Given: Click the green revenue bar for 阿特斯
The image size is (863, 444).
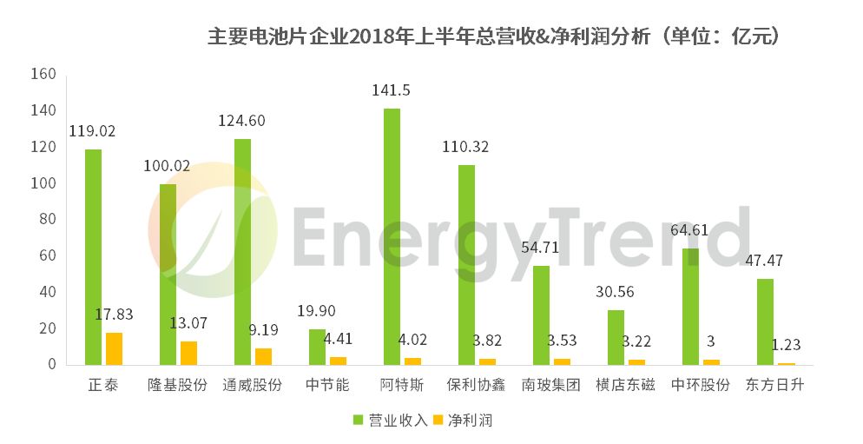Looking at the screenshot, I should pos(392,236).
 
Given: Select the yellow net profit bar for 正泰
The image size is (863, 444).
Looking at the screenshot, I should pos(114,348).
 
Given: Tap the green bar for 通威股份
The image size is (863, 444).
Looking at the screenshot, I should pos(242,252).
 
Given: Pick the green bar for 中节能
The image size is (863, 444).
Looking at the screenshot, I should pos(317,347).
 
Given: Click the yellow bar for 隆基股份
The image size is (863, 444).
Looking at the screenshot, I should pos(188,353).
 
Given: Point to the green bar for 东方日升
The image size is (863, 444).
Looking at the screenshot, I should pos(765,321).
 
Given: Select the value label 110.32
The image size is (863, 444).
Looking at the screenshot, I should pos(465,147).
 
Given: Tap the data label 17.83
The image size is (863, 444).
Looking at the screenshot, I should pos(114,315).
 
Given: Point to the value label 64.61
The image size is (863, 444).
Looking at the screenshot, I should pos(690,230).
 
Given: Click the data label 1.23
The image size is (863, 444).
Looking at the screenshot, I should pos(787,345).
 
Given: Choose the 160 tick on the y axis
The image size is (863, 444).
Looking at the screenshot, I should pos(43,75).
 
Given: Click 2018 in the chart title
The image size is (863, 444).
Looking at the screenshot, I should pos(369,36).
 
